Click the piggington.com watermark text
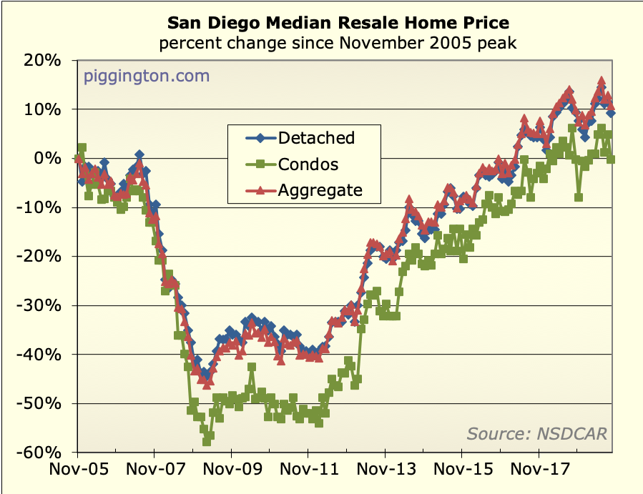(x=147, y=76)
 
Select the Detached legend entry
(x=315, y=137)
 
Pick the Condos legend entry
(x=308, y=164)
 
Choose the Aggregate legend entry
(x=320, y=190)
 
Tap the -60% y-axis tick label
(x=42, y=453)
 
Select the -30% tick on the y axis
(x=42, y=306)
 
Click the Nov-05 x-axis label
(x=77, y=472)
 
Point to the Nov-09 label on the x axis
(x=231, y=472)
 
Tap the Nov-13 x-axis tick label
(x=385, y=472)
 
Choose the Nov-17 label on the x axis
(x=539, y=472)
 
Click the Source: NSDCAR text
(x=536, y=433)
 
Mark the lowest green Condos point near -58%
(x=207, y=441)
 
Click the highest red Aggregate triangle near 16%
(x=602, y=81)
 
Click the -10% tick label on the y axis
(x=42, y=208)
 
